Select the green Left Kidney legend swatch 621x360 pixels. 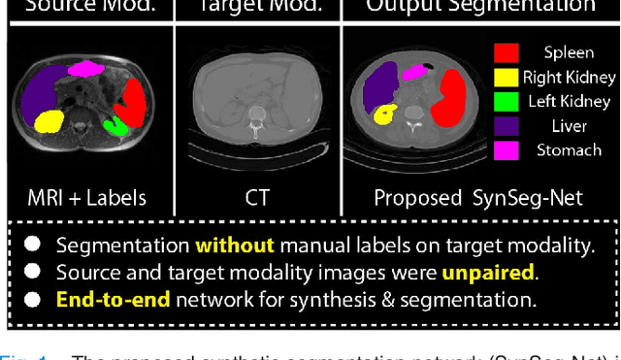507,101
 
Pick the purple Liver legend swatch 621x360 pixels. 507,125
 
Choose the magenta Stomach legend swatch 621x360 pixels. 507,149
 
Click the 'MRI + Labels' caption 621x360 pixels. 87,198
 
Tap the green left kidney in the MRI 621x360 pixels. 116,125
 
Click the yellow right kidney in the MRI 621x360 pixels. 49,121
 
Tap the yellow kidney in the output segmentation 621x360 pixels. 384,115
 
